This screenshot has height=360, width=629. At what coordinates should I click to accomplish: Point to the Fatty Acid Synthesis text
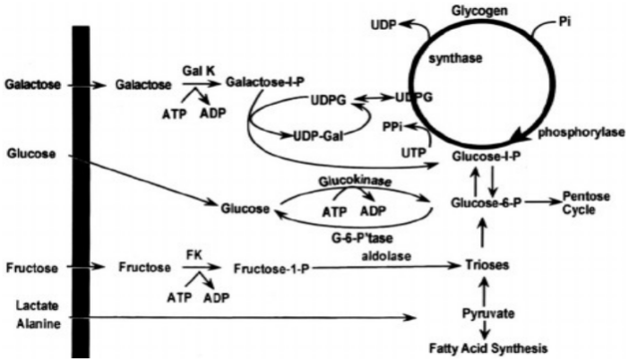tap(485, 347)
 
